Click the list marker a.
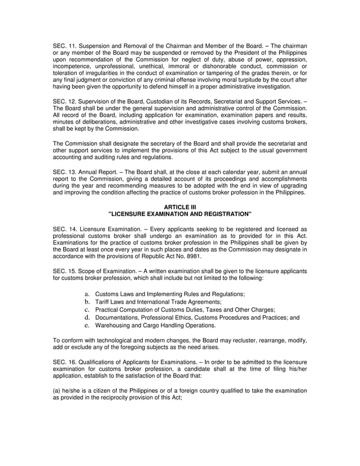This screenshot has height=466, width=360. pos(87,294)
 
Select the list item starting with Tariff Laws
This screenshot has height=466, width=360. pos(158,302)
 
